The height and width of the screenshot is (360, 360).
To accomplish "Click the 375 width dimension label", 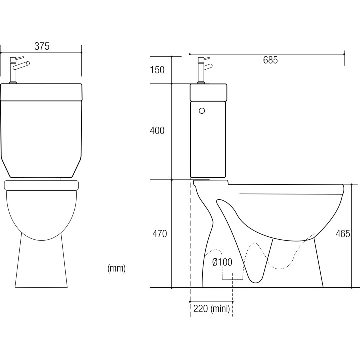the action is pos(42,46).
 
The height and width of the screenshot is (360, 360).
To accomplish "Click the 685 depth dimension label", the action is pos(270,60).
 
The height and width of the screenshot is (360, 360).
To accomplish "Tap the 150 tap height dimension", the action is pos(157,70).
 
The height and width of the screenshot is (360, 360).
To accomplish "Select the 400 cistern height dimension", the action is pos(157,130).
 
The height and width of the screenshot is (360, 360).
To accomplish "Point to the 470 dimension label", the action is pos(160,234).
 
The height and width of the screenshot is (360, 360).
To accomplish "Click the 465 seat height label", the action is pos(343,234).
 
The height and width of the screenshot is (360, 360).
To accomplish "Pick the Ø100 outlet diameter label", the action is pos(222,262).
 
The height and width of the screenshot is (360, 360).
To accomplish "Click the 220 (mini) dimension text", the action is pos(211,309).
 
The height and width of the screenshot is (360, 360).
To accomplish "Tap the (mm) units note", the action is pos(116,268).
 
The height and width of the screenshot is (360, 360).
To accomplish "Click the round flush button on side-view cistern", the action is pos(202,111).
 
